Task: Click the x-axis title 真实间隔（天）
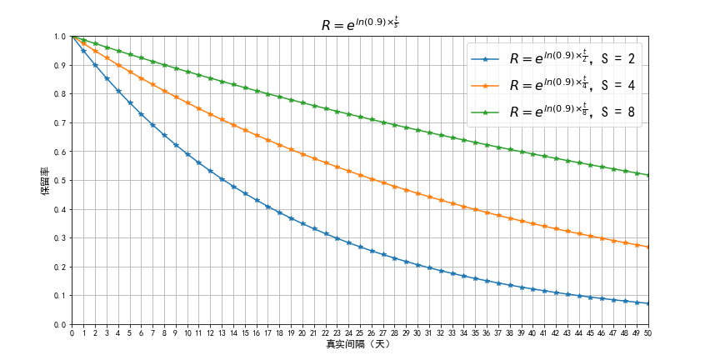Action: [x=360, y=344]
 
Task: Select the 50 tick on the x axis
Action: [x=647, y=332]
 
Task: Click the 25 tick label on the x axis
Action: [x=360, y=332]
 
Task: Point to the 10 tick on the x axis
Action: [x=187, y=332]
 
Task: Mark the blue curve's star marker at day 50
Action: [x=647, y=303]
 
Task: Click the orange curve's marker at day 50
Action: [x=647, y=247]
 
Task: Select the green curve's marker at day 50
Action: [x=647, y=175]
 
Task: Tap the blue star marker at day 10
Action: [x=187, y=154]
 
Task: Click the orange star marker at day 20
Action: [x=302, y=154]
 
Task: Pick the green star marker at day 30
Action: [x=417, y=131]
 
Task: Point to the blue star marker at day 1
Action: [x=83, y=51]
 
